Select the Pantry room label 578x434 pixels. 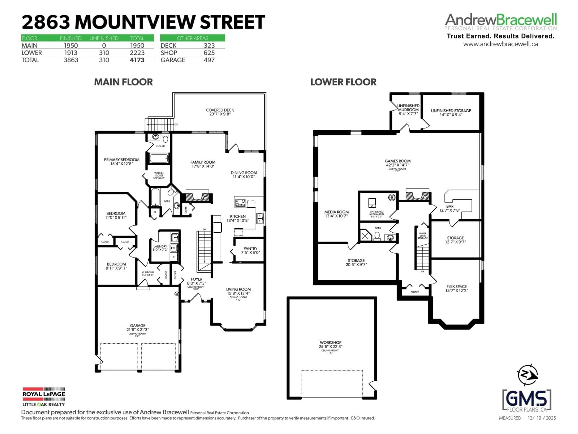pyautogui.click(x=250, y=248)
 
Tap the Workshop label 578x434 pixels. pyautogui.click(x=331, y=342)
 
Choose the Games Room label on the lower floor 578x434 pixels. pyautogui.click(x=397, y=161)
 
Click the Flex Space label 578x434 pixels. pyautogui.click(x=457, y=286)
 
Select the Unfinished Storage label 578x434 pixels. pyautogui.click(x=451, y=111)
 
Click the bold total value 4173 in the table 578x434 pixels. pyautogui.click(x=137, y=60)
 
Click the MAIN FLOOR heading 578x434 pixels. pyautogui.click(x=123, y=82)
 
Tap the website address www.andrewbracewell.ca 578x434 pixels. pyautogui.click(x=500, y=44)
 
